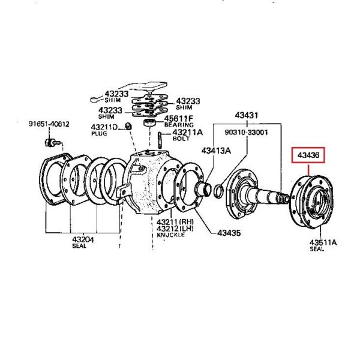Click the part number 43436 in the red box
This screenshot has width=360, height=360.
pos(308,155)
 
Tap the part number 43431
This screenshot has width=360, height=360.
pos(246,115)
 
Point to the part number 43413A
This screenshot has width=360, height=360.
pos(216,151)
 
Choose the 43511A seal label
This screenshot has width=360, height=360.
pos(323,243)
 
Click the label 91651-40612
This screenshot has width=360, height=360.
pos(49,125)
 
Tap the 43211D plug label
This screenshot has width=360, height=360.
pos(104,127)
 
